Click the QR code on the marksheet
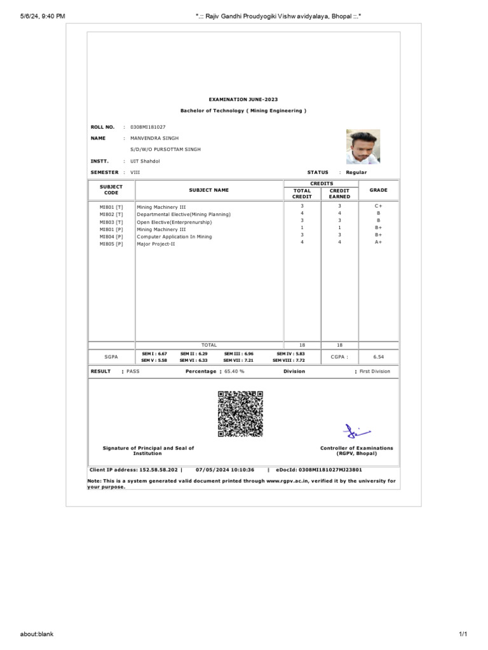[240, 414]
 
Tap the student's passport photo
[363, 147]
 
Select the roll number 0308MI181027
[147, 127]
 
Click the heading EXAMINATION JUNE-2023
[243, 100]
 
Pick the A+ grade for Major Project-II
[378, 242]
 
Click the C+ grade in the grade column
[378, 206]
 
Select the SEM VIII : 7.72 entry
[288, 360]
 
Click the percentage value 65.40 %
[234, 371]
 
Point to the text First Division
[375, 371]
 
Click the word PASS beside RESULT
[133, 371]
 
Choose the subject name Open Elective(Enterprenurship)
[174, 222]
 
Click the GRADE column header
[378, 190]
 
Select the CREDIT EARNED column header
[340, 194]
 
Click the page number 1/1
[463, 633]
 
